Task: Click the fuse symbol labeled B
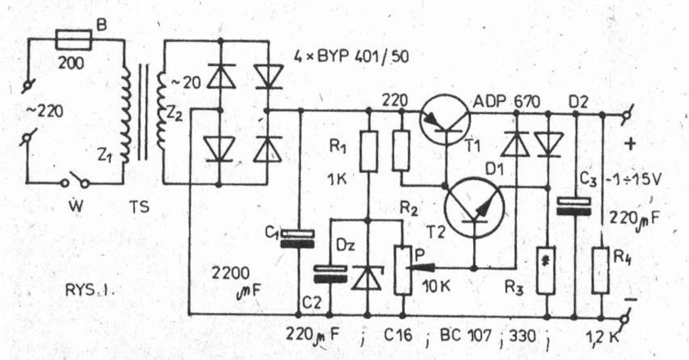coord(74,40)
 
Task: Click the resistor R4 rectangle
coord(601,270)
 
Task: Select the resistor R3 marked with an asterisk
coord(546,270)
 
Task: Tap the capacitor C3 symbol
coord(574,206)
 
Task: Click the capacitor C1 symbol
coord(298,239)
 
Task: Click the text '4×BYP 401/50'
coord(351,57)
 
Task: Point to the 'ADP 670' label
coord(506,102)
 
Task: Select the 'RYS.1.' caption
coord(90,290)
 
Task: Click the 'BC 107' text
coord(466,335)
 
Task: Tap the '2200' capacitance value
coord(230,273)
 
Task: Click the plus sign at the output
coord(630,144)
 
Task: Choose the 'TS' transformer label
coord(140,207)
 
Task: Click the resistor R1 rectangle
coord(369,151)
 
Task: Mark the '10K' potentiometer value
coord(436,287)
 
